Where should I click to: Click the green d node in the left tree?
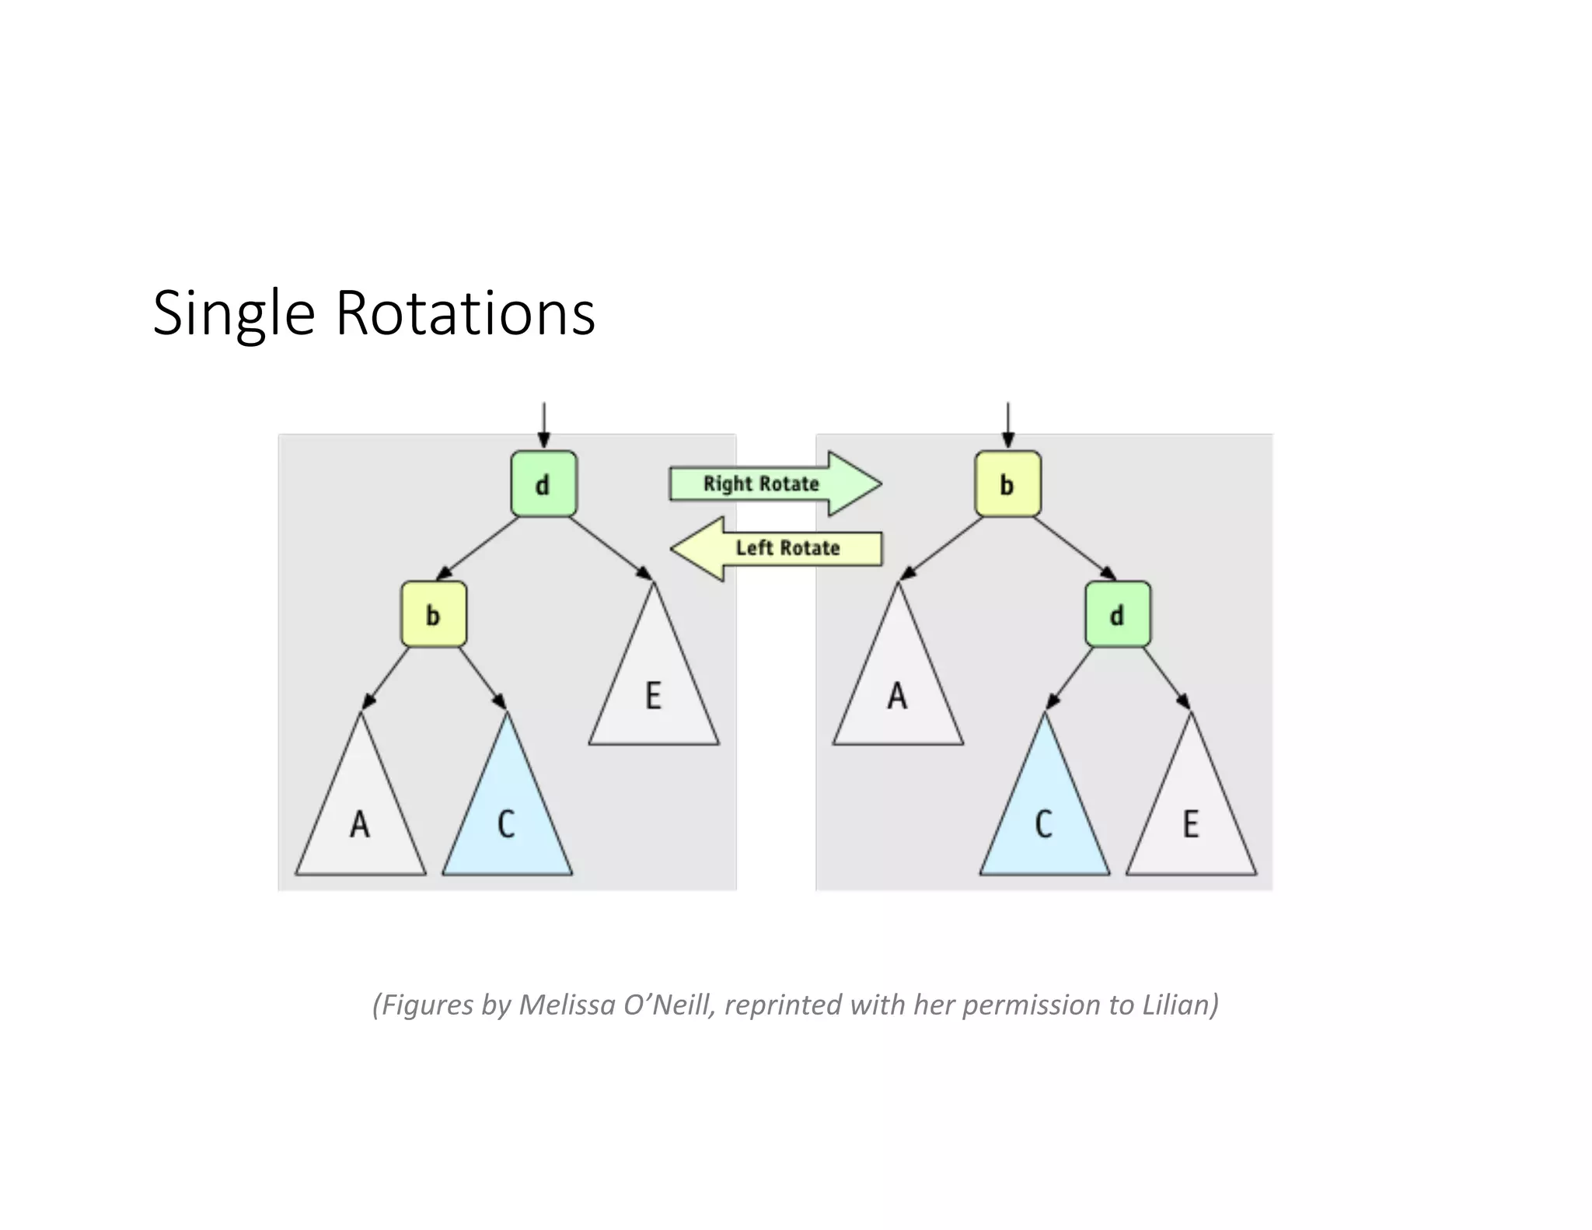coord(543,484)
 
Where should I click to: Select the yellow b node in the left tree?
coord(434,614)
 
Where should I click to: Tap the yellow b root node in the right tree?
coord(1007,484)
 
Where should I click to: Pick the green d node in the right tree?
coord(1117,614)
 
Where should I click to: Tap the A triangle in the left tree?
coord(360,820)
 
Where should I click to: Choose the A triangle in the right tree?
coord(898,692)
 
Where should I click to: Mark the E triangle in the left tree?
coord(654,692)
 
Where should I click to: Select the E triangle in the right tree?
coord(1191,820)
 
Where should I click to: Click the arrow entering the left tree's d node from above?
coord(543,425)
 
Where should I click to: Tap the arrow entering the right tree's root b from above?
coord(1007,425)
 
